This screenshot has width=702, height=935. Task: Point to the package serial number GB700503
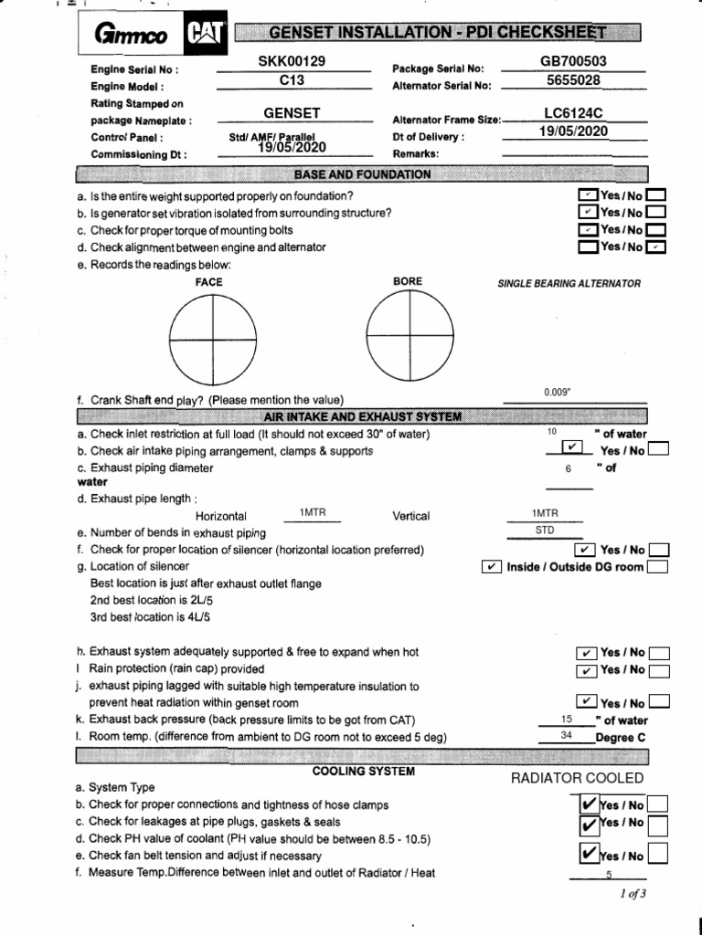574,61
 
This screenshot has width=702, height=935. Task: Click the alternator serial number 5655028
573,79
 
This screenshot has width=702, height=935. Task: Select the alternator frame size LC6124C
574,113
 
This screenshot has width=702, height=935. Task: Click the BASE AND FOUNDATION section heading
362,173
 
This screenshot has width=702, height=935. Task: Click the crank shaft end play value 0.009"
558,392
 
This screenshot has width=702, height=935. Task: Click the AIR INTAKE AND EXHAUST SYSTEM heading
362,417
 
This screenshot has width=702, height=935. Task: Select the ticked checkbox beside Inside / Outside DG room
491,567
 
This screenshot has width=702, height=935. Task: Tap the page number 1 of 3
632,894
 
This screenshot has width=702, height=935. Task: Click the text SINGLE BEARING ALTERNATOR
569,283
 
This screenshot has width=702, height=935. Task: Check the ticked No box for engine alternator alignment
657,247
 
